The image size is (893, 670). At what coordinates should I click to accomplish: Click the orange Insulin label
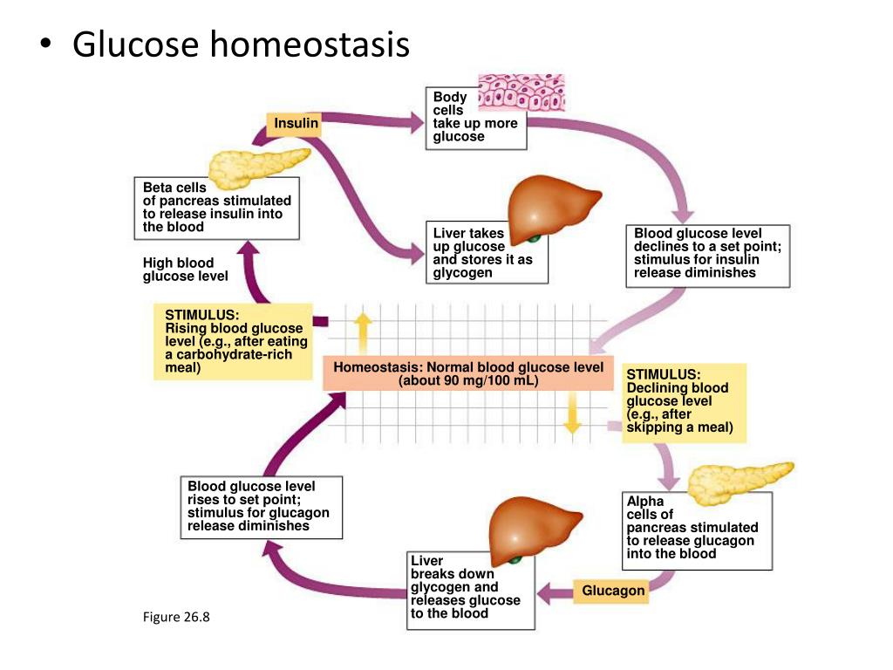[296, 124]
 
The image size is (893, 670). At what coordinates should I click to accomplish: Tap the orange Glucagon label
[613, 591]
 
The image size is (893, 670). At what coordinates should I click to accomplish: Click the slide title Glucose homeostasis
[241, 44]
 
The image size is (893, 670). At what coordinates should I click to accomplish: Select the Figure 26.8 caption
[177, 618]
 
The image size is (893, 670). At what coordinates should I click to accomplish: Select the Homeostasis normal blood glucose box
[468, 374]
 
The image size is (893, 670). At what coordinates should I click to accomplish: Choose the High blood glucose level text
[185, 270]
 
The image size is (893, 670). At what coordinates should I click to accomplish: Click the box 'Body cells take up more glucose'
[475, 118]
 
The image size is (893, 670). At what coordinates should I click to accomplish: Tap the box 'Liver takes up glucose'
[487, 253]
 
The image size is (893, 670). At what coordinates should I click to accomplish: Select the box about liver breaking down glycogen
[470, 589]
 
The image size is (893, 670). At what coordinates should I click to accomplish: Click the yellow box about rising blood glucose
[234, 341]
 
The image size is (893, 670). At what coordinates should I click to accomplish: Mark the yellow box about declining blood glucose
[684, 401]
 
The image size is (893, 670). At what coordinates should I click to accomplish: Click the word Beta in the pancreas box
[158, 188]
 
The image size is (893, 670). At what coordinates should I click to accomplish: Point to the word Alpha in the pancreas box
[644, 502]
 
